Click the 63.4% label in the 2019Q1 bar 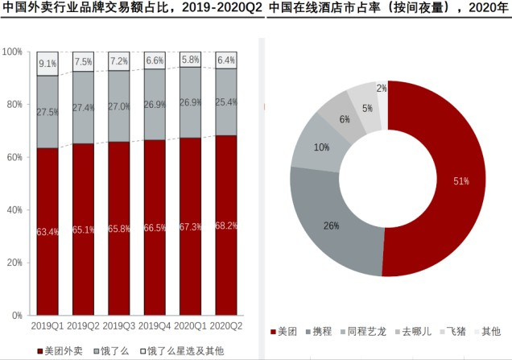click(x=47, y=233)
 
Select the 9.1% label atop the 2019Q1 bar click(x=47, y=63)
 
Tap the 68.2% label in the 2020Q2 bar click(x=227, y=226)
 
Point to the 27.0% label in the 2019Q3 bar click(x=119, y=106)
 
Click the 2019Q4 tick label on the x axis click(x=155, y=326)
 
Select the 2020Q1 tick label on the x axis click(x=191, y=326)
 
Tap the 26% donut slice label click(x=331, y=226)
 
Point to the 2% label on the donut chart click(x=382, y=88)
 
